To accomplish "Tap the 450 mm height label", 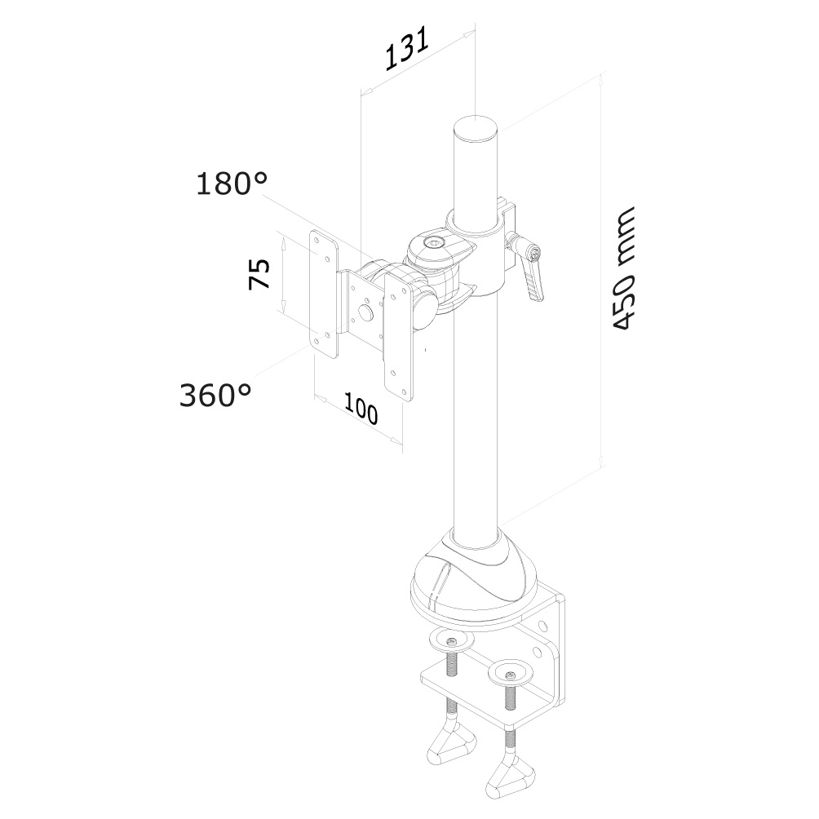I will pyautogui.click(x=623, y=269).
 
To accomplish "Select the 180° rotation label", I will pyautogui.click(x=232, y=184).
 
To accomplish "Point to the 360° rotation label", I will pyautogui.click(x=215, y=396).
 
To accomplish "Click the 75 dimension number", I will pyautogui.click(x=260, y=274).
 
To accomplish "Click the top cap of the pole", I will pyautogui.click(x=476, y=128).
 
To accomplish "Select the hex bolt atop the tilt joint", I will pyautogui.click(x=434, y=242).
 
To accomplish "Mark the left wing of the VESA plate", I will pyautogui.click(x=324, y=294).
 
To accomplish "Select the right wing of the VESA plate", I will pyautogui.click(x=400, y=334).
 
